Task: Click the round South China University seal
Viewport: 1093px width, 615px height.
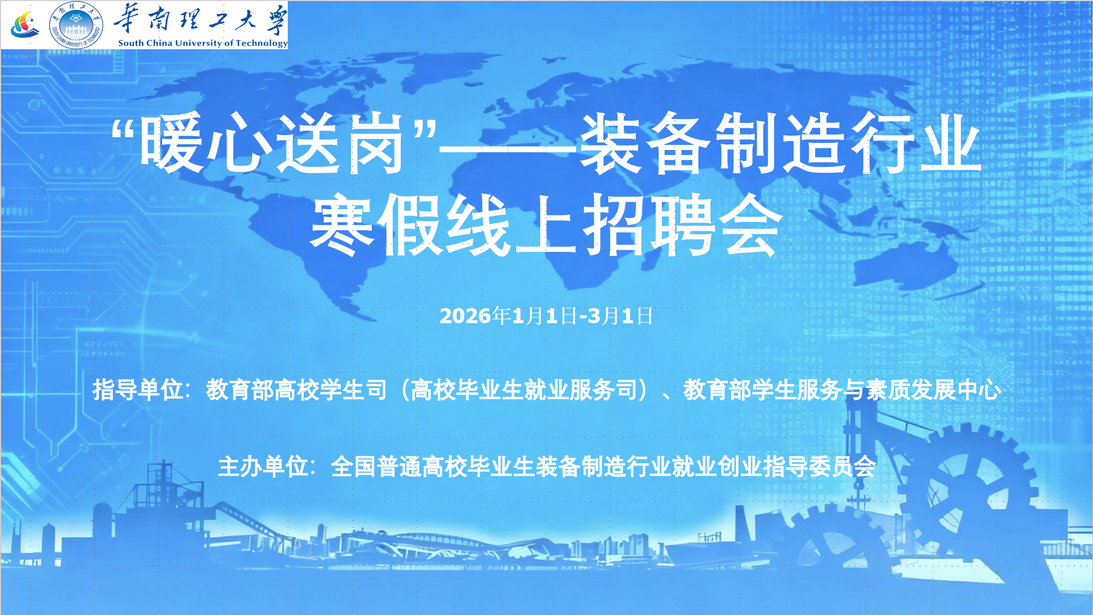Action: (x=76, y=25)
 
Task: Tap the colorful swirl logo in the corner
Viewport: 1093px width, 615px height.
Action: (x=24, y=25)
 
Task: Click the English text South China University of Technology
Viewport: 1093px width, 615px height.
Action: (x=203, y=43)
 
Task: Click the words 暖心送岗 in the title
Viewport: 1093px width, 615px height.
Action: (x=271, y=143)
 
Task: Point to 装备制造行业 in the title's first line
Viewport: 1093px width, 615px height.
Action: (x=780, y=143)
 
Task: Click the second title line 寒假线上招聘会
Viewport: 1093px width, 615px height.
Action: (x=546, y=225)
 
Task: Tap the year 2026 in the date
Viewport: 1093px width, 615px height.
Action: (x=465, y=316)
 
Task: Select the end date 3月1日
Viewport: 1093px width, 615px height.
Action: (x=620, y=316)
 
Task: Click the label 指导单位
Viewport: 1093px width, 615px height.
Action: (x=138, y=390)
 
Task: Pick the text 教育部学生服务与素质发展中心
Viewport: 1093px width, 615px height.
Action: (x=842, y=390)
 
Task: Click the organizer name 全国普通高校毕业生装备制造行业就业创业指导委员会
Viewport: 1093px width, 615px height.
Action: (x=603, y=467)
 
